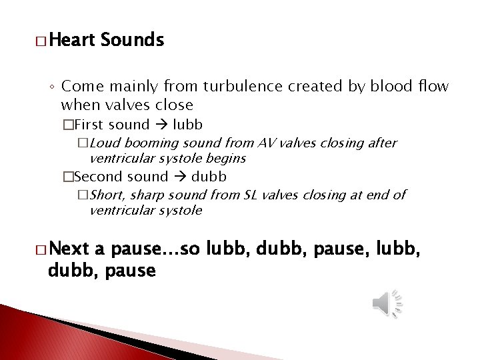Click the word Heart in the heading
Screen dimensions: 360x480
(71, 41)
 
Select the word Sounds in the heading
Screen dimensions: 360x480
(132, 41)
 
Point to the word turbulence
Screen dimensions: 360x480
(236, 87)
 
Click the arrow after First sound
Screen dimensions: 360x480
(161, 125)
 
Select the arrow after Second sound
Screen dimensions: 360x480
(179, 177)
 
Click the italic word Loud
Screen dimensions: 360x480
(103, 143)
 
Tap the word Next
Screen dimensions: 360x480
(69, 249)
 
